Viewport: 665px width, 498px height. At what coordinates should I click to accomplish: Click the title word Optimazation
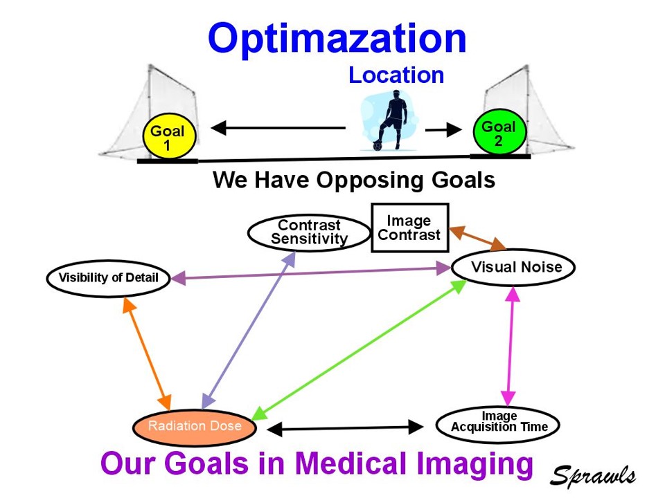tap(337, 38)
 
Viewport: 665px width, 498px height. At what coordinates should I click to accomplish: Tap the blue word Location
tap(396, 75)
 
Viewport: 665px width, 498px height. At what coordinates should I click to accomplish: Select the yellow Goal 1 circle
tap(168, 138)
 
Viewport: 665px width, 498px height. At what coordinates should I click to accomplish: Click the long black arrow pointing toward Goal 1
tap(277, 128)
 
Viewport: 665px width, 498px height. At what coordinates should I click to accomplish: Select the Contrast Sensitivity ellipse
tap(309, 233)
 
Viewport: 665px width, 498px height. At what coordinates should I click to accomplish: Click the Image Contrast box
tap(409, 228)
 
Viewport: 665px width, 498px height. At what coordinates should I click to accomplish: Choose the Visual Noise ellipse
tap(513, 267)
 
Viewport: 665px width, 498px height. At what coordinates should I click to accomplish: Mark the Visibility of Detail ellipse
tap(109, 278)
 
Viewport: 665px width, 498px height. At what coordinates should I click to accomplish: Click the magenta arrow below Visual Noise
tap(511, 346)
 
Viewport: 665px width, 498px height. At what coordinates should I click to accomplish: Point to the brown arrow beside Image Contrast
tap(478, 238)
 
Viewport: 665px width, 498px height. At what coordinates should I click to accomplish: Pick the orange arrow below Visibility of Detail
tap(147, 353)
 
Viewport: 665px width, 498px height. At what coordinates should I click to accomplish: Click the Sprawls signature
tap(593, 475)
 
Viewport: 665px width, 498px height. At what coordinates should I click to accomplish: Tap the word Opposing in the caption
tap(361, 181)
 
